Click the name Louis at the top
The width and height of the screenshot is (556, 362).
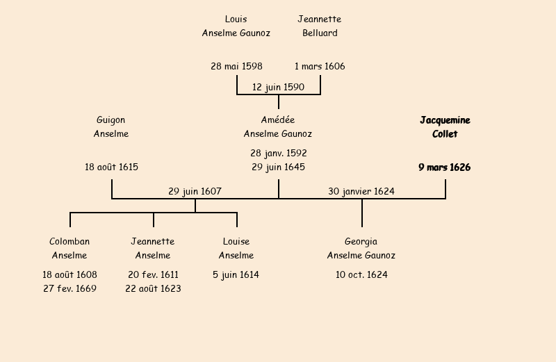click(x=236, y=19)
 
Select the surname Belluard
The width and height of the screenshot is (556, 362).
click(x=320, y=33)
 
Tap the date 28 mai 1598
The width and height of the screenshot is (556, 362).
click(x=236, y=67)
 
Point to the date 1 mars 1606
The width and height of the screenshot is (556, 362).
click(x=320, y=67)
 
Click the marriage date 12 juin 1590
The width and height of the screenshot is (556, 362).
click(x=278, y=88)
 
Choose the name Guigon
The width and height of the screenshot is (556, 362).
click(x=111, y=120)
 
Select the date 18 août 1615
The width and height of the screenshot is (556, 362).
click(x=111, y=167)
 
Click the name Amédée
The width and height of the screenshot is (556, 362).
click(x=278, y=120)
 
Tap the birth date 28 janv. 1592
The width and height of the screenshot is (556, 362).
click(x=278, y=153)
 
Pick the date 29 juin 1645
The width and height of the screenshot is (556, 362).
click(x=278, y=167)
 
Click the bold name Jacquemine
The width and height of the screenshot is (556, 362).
click(x=445, y=120)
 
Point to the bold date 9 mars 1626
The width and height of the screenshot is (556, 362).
click(x=445, y=167)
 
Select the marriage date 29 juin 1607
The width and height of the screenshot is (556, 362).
click(x=195, y=192)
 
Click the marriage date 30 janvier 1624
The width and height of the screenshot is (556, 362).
click(x=361, y=192)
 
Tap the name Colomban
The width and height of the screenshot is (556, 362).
click(x=69, y=242)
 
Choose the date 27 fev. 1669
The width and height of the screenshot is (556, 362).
click(x=69, y=289)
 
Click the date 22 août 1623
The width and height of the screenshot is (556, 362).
click(x=153, y=289)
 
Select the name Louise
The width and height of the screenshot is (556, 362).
click(x=236, y=242)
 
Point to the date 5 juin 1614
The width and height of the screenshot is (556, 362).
click(x=236, y=275)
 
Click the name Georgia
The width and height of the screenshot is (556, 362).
click(x=361, y=242)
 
